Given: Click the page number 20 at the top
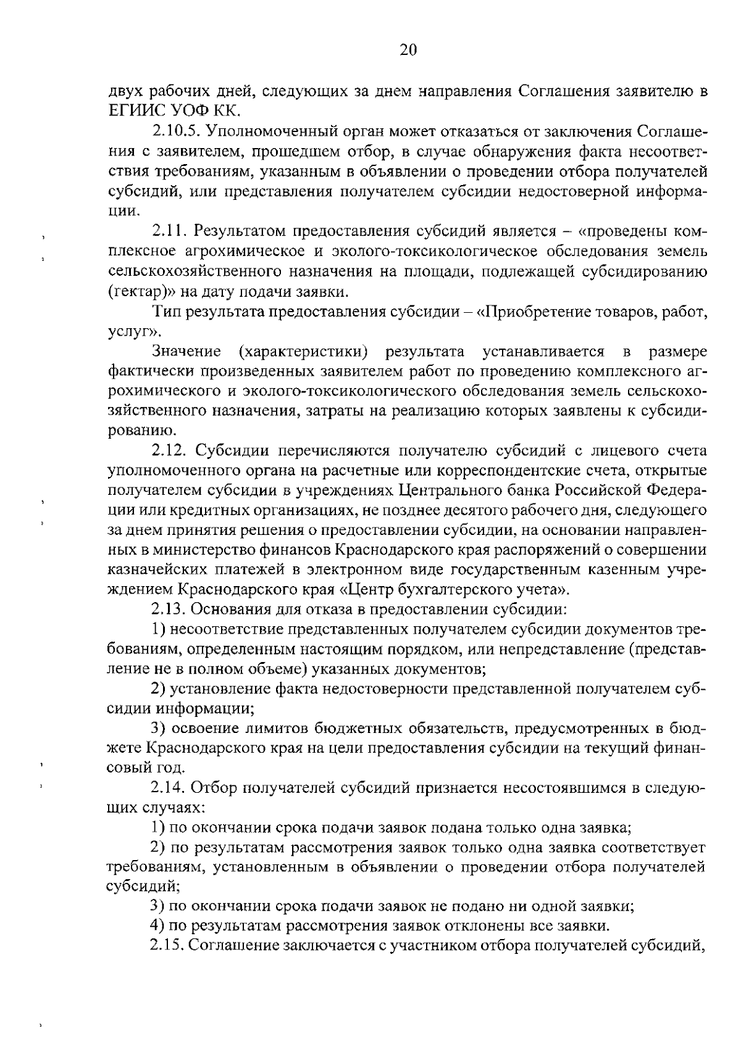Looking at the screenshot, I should (408, 50).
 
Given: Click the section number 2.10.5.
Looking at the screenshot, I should (175, 131).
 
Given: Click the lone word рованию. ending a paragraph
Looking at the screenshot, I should (137, 431).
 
